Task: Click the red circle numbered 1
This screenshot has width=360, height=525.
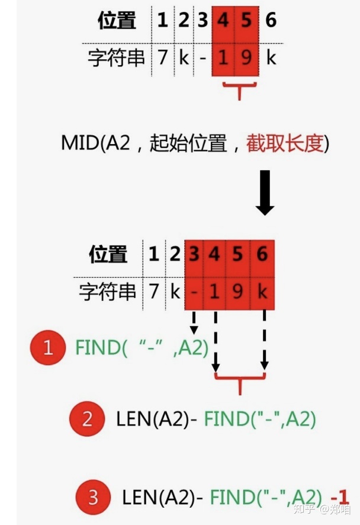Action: tap(48, 348)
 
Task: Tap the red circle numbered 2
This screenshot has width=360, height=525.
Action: tap(87, 420)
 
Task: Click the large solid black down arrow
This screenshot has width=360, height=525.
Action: tap(264, 193)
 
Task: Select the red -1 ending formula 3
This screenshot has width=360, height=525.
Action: tap(340, 497)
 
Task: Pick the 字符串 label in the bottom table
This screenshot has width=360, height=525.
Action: tap(108, 292)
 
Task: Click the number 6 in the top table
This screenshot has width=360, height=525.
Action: tap(271, 21)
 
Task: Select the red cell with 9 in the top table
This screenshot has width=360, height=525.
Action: tap(247, 59)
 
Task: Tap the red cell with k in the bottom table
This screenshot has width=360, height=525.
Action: tap(263, 292)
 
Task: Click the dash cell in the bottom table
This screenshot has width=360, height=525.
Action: tap(194, 292)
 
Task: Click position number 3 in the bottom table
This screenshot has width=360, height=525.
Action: tap(194, 254)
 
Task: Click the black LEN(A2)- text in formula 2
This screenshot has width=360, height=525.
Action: tap(157, 420)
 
